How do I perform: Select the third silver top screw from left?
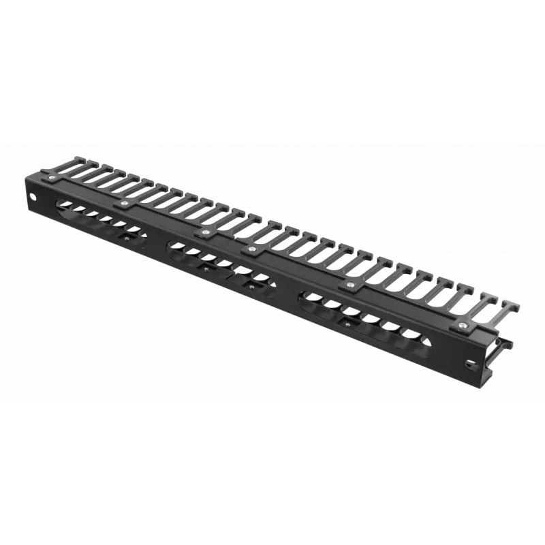point(204,233)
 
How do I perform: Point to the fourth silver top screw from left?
point(252,250)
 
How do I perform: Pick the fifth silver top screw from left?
point(351,284)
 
